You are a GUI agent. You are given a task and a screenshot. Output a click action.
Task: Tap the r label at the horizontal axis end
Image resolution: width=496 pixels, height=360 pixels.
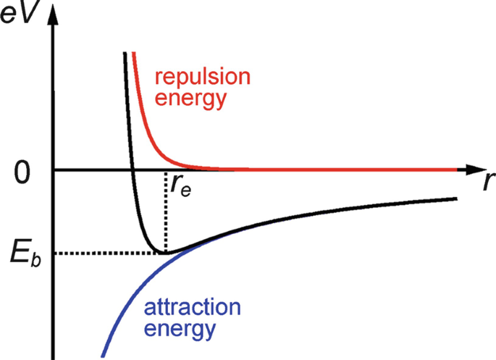click(x=482, y=182)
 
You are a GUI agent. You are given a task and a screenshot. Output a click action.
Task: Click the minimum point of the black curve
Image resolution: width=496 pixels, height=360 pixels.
click(x=167, y=253)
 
